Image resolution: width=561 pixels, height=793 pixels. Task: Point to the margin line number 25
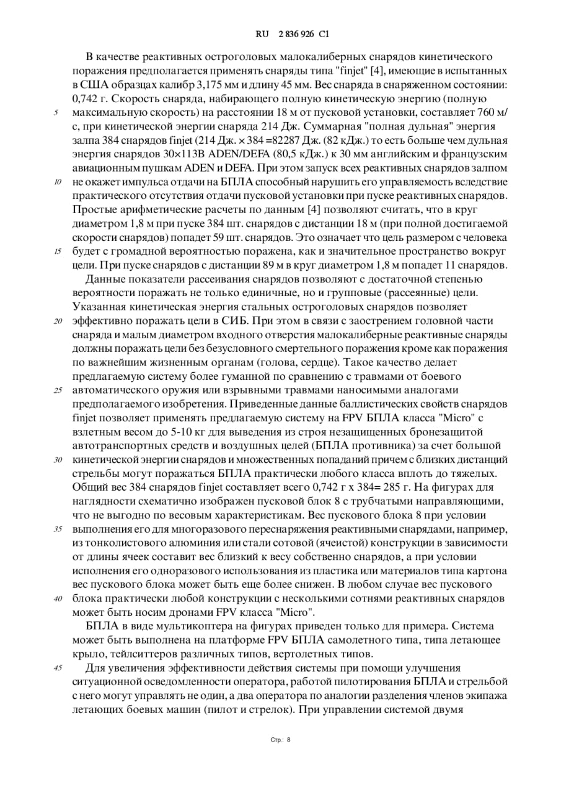click(x=58, y=390)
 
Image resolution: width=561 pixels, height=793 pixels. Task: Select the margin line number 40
click(x=58, y=598)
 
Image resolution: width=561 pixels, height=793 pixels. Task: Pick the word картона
click(x=484, y=571)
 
